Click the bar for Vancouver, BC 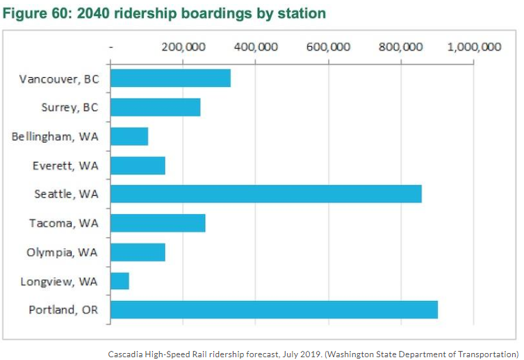[170, 78]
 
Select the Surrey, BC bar [155, 107]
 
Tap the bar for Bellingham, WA [129, 136]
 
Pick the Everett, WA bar [138, 165]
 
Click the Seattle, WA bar [265, 194]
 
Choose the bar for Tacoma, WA [158, 223]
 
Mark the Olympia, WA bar [138, 252]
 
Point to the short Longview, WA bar [120, 281]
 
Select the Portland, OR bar [274, 309]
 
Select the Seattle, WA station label [67, 194]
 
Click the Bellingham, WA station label [56, 136]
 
